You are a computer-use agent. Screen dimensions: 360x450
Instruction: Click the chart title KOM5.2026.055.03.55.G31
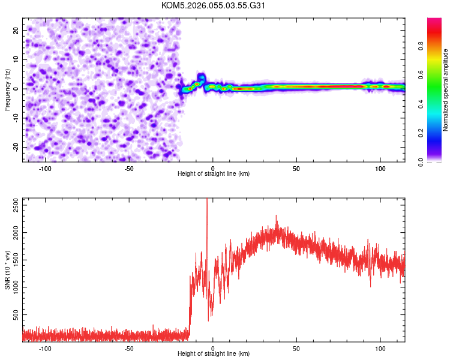click(214, 5)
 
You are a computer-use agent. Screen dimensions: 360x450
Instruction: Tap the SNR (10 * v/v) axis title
click(7, 269)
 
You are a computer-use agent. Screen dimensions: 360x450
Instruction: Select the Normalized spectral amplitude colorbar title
click(446, 90)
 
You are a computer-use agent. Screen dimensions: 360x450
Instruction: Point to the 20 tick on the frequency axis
click(17, 30)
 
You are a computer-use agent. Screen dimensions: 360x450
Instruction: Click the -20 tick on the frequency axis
click(15, 148)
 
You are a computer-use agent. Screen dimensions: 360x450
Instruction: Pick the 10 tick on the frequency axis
click(17, 59)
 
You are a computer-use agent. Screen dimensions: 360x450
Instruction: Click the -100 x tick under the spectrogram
click(45, 169)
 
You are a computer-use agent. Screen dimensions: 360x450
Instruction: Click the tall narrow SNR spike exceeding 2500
click(207, 204)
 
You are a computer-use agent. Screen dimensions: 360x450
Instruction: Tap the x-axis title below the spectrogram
click(214, 174)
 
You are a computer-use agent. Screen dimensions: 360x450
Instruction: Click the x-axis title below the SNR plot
click(214, 354)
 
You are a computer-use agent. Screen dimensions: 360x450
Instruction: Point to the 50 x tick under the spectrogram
click(296, 169)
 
